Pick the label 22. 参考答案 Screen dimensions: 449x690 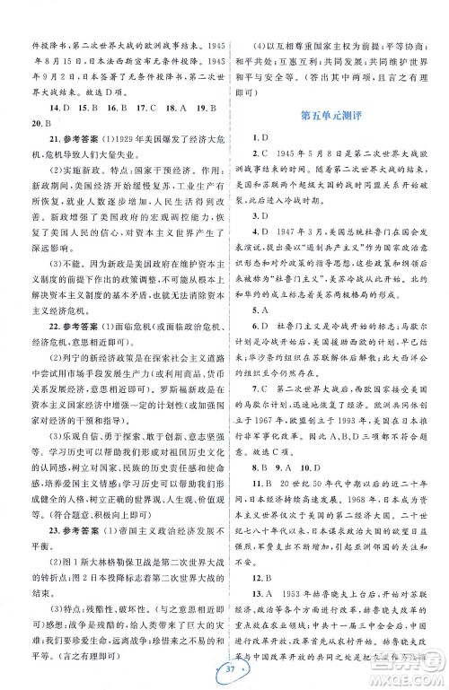[75, 324]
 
